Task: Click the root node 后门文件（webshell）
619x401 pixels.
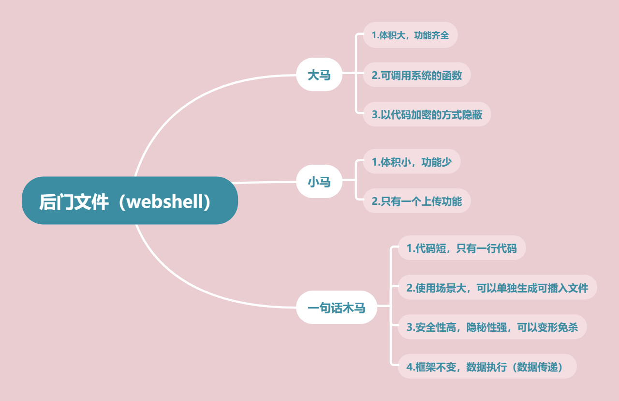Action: point(130,200)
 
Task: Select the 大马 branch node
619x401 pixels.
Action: point(319,75)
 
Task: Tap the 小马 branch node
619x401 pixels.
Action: point(319,182)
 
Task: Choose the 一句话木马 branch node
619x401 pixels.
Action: point(337,307)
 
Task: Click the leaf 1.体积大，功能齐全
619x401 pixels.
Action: point(410,35)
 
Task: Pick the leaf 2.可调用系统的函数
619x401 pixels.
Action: point(416,75)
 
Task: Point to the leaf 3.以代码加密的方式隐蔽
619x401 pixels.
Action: point(427,115)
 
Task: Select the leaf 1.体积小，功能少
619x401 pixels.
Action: point(412,162)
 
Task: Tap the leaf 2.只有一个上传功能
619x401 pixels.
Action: point(416,201)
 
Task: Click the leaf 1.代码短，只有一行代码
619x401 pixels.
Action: point(461,248)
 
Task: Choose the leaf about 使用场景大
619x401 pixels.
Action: point(497,288)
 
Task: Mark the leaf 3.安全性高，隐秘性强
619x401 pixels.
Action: point(492,327)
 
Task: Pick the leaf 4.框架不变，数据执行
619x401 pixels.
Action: point(487,367)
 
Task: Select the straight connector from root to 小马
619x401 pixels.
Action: point(266,183)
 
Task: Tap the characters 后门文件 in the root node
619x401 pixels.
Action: point(74,201)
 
